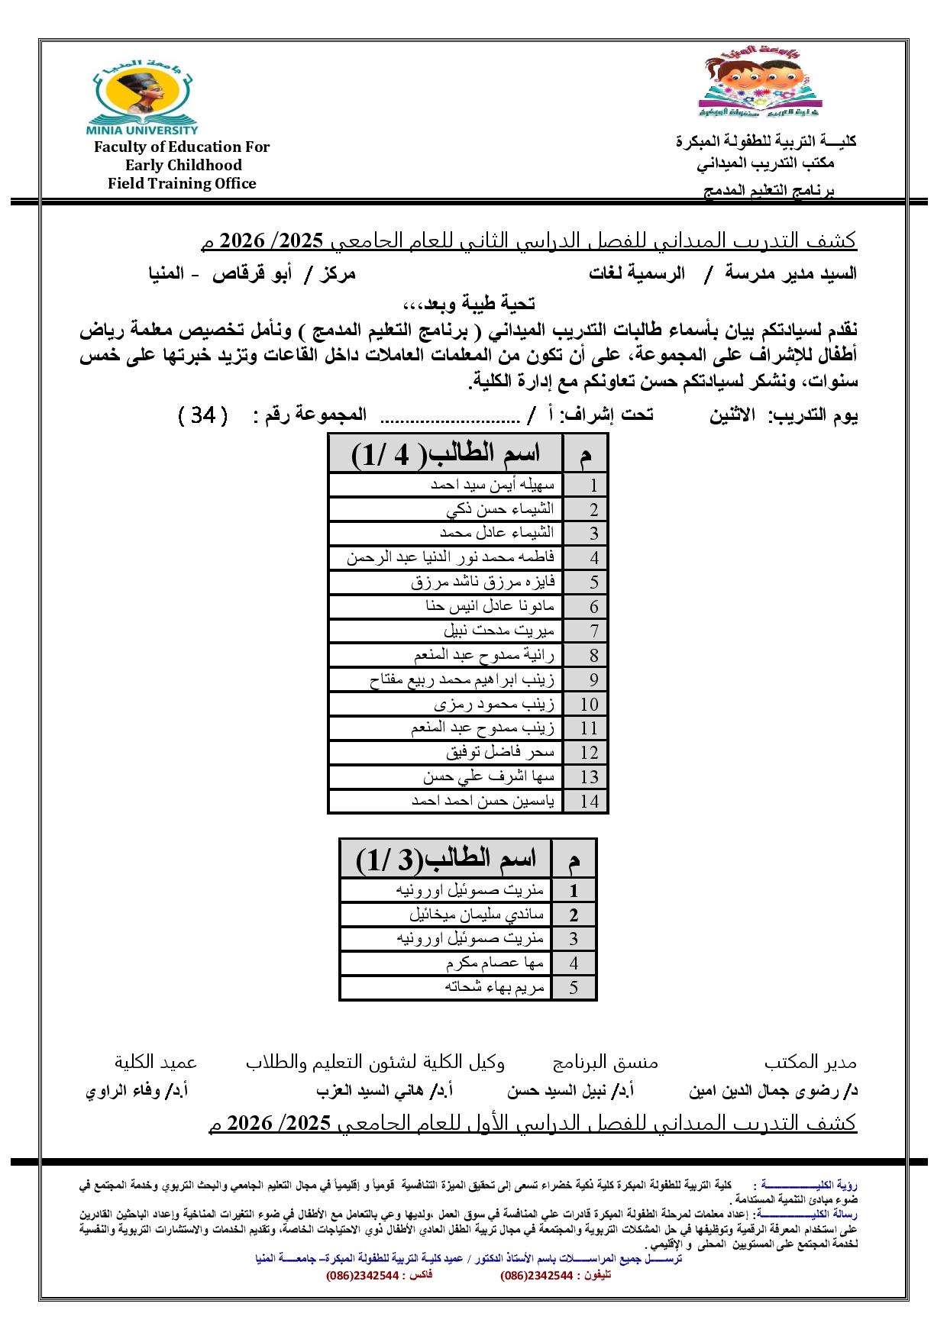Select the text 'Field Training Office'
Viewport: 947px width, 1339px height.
point(182,183)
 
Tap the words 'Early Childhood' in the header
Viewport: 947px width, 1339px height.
point(183,165)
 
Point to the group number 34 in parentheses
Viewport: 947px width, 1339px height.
point(202,415)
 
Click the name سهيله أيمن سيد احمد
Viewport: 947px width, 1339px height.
point(493,485)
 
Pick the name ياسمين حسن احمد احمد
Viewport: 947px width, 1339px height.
point(483,802)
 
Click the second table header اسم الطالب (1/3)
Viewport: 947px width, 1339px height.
point(446,860)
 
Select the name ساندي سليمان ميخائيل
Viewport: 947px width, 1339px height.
point(477,915)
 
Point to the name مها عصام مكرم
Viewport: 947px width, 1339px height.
point(496,963)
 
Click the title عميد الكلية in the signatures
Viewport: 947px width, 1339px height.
point(156,1062)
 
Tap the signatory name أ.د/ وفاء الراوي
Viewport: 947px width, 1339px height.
point(137,1091)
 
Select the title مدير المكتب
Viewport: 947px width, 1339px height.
point(810,1062)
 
